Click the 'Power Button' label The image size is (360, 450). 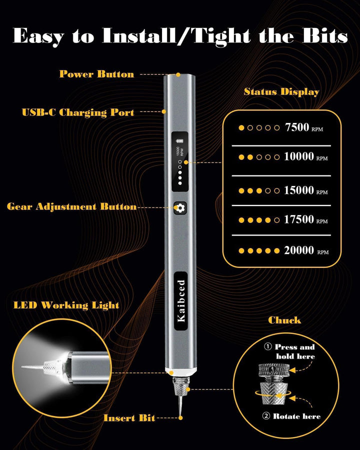pyautogui.click(x=96, y=74)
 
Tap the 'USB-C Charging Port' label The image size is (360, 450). pyautogui.click(x=78, y=112)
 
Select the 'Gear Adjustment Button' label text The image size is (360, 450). pyautogui.click(x=71, y=206)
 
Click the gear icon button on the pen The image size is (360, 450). pyautogui.click(x=180, y=207)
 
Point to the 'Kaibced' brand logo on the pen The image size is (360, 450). pyautogui.click(x=181, y=300)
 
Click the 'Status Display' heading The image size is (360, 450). pyautogui.click(x=281, y=91)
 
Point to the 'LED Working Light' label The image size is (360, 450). pyautogui.click(x=66, y=305)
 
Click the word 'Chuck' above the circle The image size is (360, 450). pyautogui.click(x=284, y=320)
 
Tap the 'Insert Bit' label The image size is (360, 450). pyautogui.click(x=129, y=418)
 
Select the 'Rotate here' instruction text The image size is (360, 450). pyautogui.click(x=296, y=416)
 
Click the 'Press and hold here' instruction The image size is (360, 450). pyautogui.click(x=294, y=351)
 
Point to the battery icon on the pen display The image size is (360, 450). pyautogui.click(x=180, y=140)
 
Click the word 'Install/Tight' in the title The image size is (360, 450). pyautogui.click(x=176, y=36)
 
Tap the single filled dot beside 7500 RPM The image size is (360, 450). pyautogui.click(x=241, y=127)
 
